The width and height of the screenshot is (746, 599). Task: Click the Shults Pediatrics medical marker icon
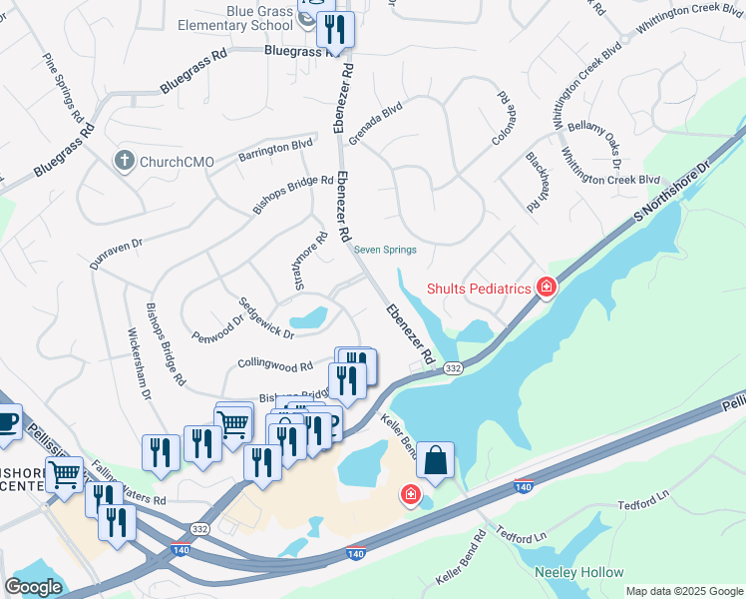[x=546, y=289]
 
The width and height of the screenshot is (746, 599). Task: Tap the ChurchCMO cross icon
[x=124, y=160]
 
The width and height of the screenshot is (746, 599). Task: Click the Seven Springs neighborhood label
[x=385, y=250]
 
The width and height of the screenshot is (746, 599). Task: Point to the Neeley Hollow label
[x=578, y=572]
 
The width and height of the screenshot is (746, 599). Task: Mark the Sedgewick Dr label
[x=265, y=317]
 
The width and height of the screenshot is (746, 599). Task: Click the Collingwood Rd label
[x=276, y=365]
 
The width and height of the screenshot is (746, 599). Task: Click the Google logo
[x=33, y=587]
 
